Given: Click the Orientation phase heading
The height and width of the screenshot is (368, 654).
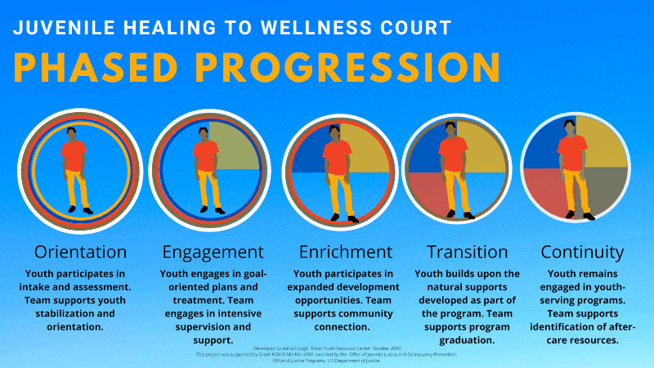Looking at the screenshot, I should coord(80,251).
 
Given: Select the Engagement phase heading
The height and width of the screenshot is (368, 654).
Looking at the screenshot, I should coord(213,251).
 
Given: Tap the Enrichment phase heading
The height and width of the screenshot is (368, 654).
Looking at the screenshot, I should coord(345,251).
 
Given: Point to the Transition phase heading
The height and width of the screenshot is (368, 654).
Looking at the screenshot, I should coord(468,251).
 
